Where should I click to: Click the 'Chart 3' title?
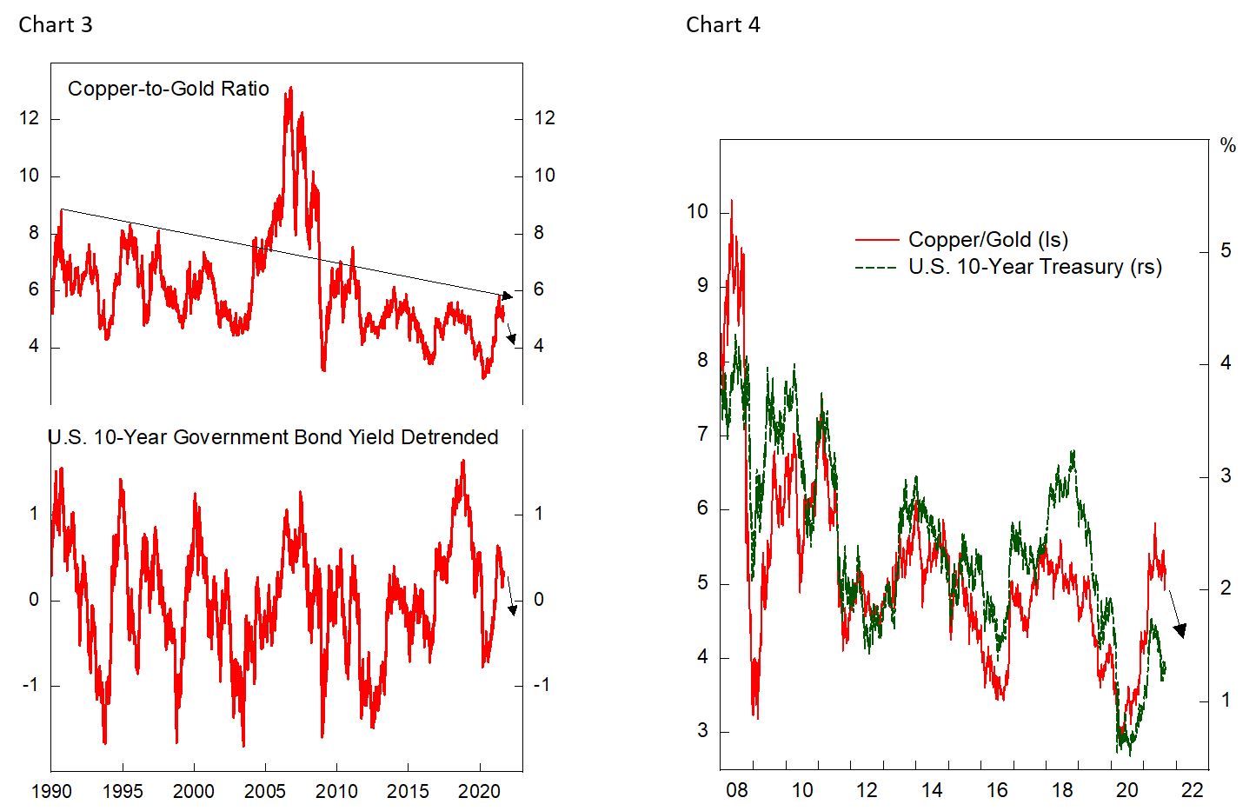[55, 24]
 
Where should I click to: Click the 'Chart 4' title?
[722, 24]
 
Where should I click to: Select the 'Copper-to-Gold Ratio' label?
[169, 89]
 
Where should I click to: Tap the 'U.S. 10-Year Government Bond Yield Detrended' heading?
[273, 436]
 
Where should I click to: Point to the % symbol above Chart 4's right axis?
[1227, 146]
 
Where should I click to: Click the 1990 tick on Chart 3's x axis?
[50, 792]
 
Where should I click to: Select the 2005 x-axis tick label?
[265, 792]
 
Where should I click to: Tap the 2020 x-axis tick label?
[479, 792]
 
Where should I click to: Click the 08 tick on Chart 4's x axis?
[736, 790]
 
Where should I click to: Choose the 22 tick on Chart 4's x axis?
[1192, 790]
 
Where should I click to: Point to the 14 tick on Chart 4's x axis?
[932, 790]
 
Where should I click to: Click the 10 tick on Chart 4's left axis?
[697, 212]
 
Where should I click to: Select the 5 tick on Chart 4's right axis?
[1226, 251]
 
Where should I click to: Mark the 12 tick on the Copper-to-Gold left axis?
[30, 118]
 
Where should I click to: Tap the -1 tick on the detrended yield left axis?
[30, 686]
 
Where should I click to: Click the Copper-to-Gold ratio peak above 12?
[289, 89]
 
